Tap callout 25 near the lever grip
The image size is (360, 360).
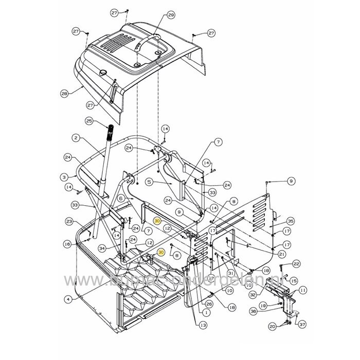pyautogui.click(x=88, y=121)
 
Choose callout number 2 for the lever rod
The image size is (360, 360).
pyautogui.click(x=76, y=138)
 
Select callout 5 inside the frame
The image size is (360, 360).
pyautogui.click(x=149, y=182)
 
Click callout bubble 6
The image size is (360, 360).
pyautogui.click(x=121, y=199)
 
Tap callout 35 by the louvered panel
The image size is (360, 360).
pyautogui.click(x=290, y=221)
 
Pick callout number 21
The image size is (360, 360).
pyautogui.click(x=281, y=254)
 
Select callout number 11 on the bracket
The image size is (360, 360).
pyautogui.click(x=303, y=291)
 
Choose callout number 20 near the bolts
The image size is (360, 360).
pyautogui.click(x=272, y=326)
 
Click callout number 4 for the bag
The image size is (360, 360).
pyautogui.click(x=67, y=298)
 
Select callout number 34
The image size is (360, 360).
pyautogui.click(x=102, y=248)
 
